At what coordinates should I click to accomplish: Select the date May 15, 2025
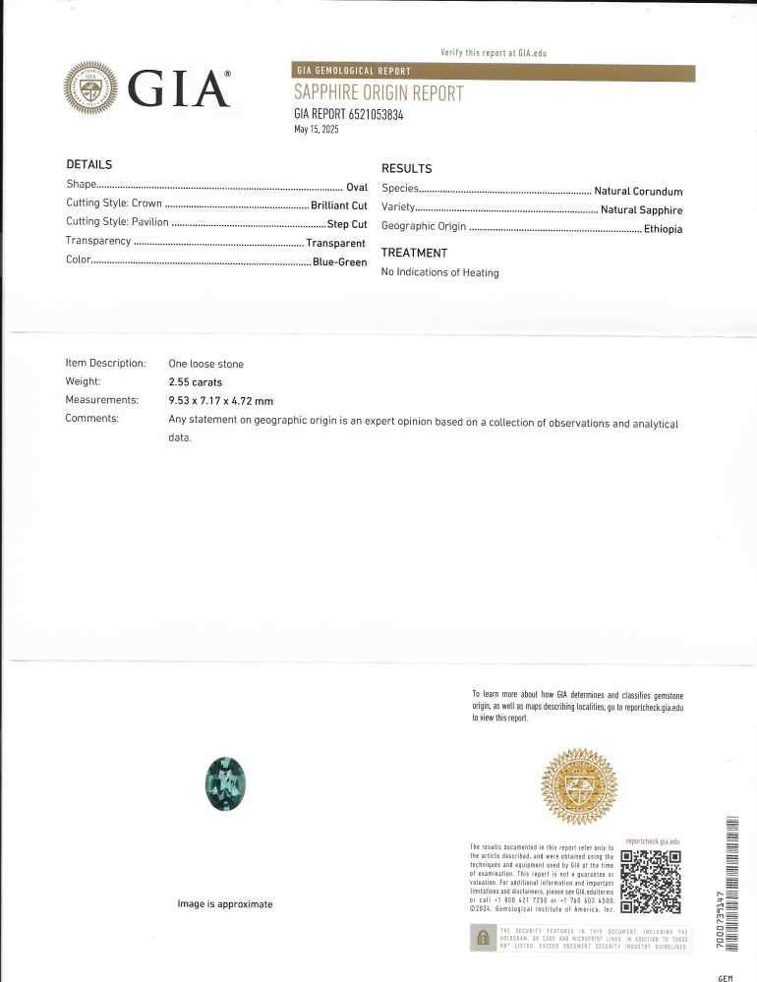tap(317, 130)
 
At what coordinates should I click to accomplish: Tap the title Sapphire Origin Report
tap(378, 93)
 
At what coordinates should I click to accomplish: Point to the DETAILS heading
tap(89, 164)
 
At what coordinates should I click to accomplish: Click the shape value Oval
tap(356, 187)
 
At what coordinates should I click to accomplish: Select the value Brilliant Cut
tap(338, 205)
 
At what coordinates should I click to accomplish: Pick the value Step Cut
tap(346, 224)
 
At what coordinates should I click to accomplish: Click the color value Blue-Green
tap(339, 262)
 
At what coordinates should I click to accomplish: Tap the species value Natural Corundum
tap(638, 192)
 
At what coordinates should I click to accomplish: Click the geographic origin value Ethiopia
tap(663, 229)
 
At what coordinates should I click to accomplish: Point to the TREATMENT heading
tap(414, 253)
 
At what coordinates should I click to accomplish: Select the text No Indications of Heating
tap(439, 272)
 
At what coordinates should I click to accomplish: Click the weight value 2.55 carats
tap(196, 381)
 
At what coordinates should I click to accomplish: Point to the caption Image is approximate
tap(224, 903)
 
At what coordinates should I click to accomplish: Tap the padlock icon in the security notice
tap(483, 939)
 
